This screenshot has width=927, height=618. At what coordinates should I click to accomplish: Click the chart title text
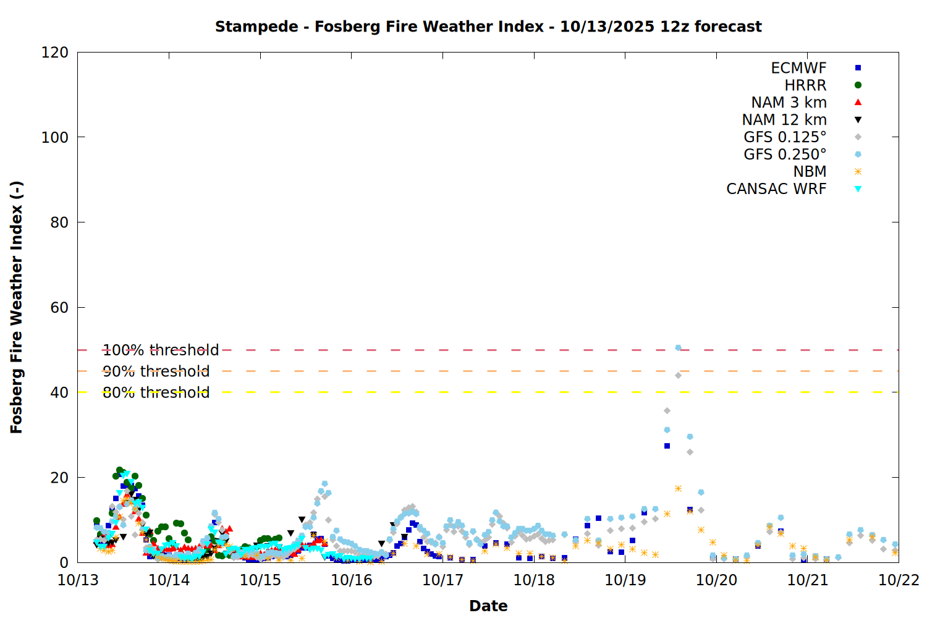(488, 27)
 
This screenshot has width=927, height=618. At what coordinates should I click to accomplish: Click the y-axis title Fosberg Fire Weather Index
(17, 307)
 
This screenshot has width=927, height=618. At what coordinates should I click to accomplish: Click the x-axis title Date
(488, 606)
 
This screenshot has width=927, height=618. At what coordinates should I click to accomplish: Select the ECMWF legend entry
(798, 68)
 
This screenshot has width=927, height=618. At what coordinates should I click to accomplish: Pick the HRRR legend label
(805, 85)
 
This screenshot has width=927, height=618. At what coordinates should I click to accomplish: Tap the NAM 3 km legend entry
(789, 103)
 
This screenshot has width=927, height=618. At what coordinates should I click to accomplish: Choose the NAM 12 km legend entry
(784, 120)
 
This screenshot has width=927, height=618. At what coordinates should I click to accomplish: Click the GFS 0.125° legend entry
(785, 137)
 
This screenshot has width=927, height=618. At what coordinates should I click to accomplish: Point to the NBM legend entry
(810, 172)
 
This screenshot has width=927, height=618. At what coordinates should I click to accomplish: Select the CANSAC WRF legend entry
(776, 189)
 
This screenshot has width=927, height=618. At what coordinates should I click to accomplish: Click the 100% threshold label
(161, 350)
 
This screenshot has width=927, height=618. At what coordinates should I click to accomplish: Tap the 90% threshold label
(156, 371)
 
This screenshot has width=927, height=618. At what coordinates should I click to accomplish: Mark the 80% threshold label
(156, 392)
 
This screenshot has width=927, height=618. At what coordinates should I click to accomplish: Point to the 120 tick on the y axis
(55, 53)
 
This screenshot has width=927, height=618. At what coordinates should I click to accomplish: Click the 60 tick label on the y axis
(59, 307)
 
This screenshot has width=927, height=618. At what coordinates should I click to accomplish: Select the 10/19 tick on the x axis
(625, 580)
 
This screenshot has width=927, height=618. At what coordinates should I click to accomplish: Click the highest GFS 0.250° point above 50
(678, 348)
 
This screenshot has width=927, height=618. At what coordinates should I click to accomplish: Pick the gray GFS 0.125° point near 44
(678, 375)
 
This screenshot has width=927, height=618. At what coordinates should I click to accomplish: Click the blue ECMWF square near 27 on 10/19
(667, 446)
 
